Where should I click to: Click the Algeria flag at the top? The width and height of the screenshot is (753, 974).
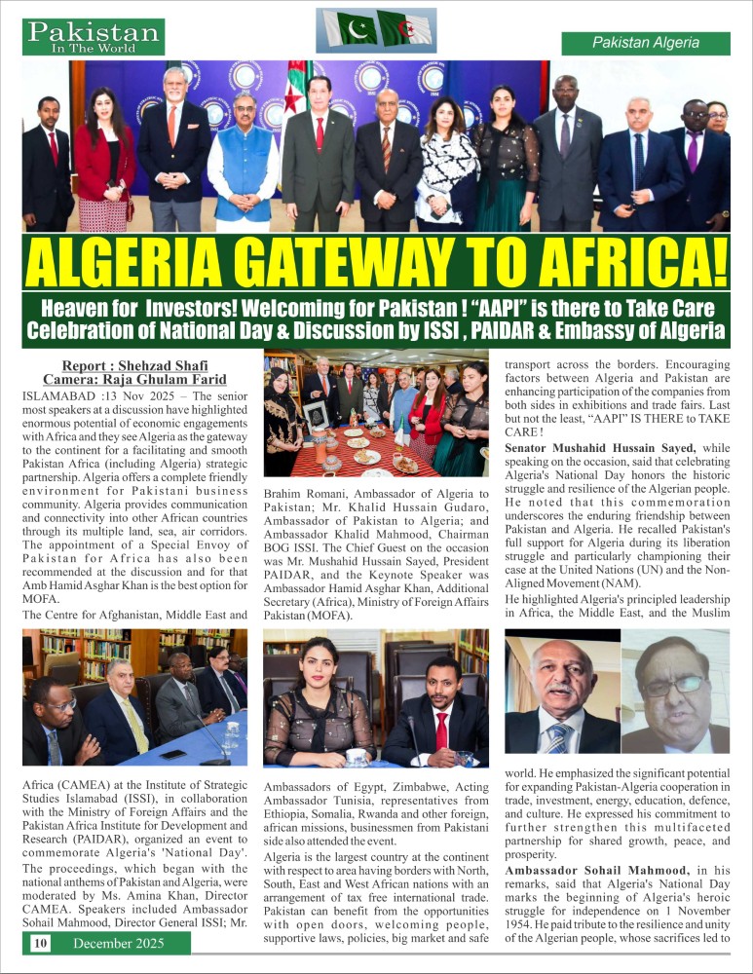pyautogui.click(x=405, y=29)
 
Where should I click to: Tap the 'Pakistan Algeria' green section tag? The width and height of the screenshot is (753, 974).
pyautogui.click(x=646, y=43)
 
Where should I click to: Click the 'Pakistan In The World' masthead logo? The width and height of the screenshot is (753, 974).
pyautogui.click(x=94, y=36)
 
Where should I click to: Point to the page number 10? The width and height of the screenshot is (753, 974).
pyautogui.click(x=40, y=943)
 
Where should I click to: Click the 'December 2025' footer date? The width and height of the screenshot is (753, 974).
pyautogui.click(x=118, y=943)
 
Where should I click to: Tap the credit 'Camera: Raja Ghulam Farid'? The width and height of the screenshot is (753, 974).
pyautogui.click(x=134, y=379)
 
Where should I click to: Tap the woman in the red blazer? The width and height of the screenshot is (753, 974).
pyautogui.click(x=105, y=161)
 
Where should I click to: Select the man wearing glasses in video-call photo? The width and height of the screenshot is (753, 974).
pyautogui.click(x=676, y=696)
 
